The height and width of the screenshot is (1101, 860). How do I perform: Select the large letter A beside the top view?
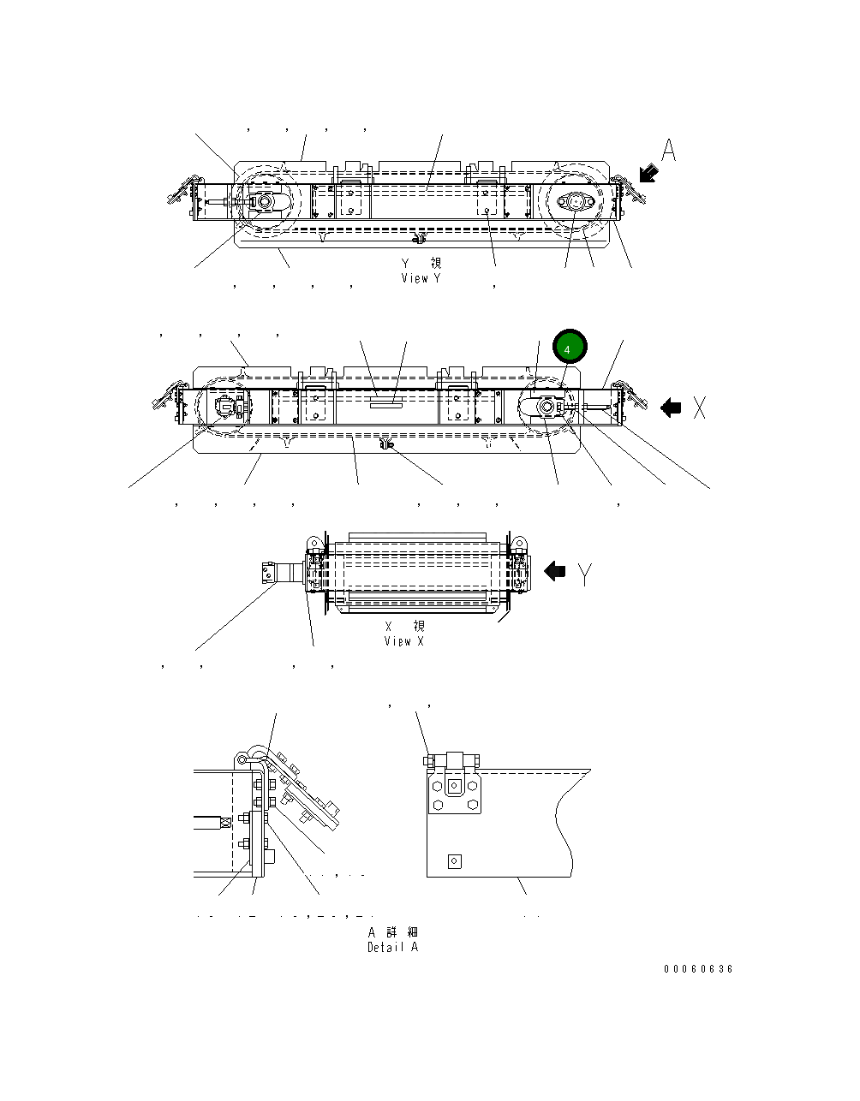pos(669,151)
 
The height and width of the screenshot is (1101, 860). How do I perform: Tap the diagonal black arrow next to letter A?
pos(648,174)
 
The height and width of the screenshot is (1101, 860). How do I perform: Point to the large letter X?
pos(699,408)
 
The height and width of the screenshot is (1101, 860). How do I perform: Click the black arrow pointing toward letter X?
pos(671,408)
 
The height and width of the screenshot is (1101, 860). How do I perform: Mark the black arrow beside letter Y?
pos(555,571)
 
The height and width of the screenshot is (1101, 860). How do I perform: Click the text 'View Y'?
pos(421,278)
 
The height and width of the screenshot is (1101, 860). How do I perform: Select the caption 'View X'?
pos(403,641)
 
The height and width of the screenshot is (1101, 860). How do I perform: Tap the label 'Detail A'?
pos(393,947)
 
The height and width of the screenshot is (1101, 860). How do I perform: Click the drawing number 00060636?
pos(698,969)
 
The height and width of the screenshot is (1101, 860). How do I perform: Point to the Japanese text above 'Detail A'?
pos(393,931)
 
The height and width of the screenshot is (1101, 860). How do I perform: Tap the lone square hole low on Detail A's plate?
pos(454,861)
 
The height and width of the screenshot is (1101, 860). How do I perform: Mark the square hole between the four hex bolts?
pos(454,785)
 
